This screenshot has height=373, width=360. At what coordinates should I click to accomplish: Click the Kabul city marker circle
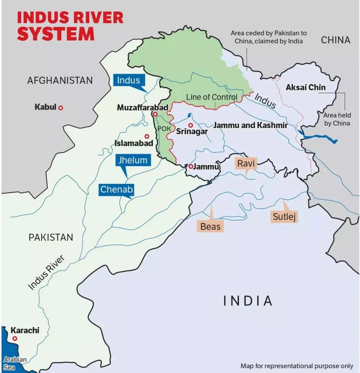[61, 107]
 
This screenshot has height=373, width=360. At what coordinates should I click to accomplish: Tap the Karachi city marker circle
[15, 338]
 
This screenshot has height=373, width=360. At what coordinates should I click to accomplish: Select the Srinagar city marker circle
[190, 125]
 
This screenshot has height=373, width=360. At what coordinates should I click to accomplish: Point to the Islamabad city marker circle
[147, 136]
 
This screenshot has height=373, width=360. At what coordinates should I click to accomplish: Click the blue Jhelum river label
[132, 160]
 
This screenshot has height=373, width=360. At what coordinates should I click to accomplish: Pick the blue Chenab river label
[116, 189]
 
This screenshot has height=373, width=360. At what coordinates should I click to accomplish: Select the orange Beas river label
[210, 226]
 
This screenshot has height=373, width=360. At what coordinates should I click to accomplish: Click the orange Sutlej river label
[284, 217]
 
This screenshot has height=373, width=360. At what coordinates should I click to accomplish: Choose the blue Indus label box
[128, 80]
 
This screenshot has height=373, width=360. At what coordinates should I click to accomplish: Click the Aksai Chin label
[305, 87]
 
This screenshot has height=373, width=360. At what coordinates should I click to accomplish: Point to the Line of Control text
[211, 97]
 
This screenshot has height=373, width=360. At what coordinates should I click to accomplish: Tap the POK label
[164, 129]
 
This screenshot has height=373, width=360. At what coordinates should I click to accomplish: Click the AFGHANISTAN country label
[60, 80]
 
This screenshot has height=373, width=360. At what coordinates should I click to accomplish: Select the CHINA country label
[335, 40]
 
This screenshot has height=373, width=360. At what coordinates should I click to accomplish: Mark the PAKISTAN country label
[51, 237]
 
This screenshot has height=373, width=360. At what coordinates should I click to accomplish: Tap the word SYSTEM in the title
[55, 34]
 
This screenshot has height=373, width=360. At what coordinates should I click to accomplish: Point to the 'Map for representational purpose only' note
[297, 366]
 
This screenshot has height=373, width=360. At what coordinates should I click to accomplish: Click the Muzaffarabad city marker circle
[155, 114]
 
